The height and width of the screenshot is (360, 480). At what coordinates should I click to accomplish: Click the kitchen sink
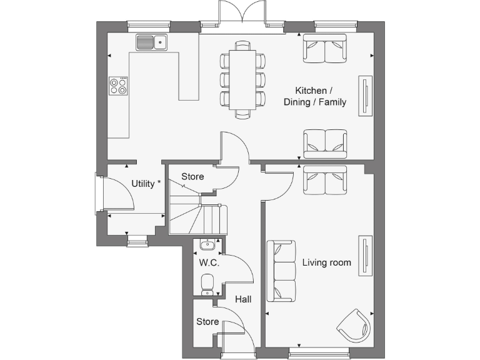click(x=151, y=42)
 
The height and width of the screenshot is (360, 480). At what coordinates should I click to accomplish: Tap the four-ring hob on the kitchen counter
click(x=118, y=86)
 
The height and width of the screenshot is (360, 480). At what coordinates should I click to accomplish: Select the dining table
click(x=242, y=79)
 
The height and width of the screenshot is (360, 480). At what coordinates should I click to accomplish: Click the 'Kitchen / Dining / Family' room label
click(x=315, y=96)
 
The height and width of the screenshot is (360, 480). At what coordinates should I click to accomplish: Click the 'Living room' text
click(x=326, y=262)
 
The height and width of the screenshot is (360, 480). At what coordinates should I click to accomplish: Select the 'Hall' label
click(x=243, y=300)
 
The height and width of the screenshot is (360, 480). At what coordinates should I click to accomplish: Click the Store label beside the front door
click(x=207, y=322)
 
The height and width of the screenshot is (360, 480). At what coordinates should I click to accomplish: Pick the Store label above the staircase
click(x=192, y=177)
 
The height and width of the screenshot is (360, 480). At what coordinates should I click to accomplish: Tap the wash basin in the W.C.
click(x=207, y=246)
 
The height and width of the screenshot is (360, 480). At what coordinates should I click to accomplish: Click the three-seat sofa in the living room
click(x=281, y=271)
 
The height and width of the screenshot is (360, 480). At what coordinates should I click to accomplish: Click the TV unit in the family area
click(x=365, y=95)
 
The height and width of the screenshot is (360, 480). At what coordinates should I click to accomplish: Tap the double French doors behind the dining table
click(x=241, y=14)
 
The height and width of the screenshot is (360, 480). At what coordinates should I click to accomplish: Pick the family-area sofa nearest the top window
click(x=325, y=49)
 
